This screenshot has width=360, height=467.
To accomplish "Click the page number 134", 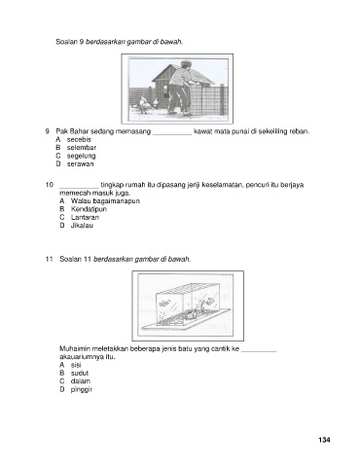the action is (324, 440).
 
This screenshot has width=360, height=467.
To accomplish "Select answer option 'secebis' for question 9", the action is (79, 139).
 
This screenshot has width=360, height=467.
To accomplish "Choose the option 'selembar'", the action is (82, 148).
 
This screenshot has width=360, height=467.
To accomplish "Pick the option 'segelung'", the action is (81, 156).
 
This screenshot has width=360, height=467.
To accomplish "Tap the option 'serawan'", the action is (80, 163).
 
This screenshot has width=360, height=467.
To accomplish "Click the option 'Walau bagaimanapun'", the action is (105, 201).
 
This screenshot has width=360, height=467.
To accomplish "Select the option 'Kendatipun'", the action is (89, 209).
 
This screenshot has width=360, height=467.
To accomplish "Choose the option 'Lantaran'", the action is (85, 217).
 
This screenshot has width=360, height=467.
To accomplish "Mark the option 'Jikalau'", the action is (82, 226).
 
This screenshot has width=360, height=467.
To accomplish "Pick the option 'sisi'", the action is (76, 365).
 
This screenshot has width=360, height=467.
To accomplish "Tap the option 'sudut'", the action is (80, 373).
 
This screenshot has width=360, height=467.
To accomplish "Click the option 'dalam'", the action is (81, 381).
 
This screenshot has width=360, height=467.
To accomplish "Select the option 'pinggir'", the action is (82, 389).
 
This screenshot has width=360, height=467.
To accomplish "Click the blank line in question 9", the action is (172, 134).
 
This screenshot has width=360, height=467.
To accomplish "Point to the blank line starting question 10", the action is (79, 188).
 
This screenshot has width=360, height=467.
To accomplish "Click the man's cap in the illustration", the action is (185, 63).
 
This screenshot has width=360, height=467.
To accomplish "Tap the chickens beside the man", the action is (148, 104).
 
